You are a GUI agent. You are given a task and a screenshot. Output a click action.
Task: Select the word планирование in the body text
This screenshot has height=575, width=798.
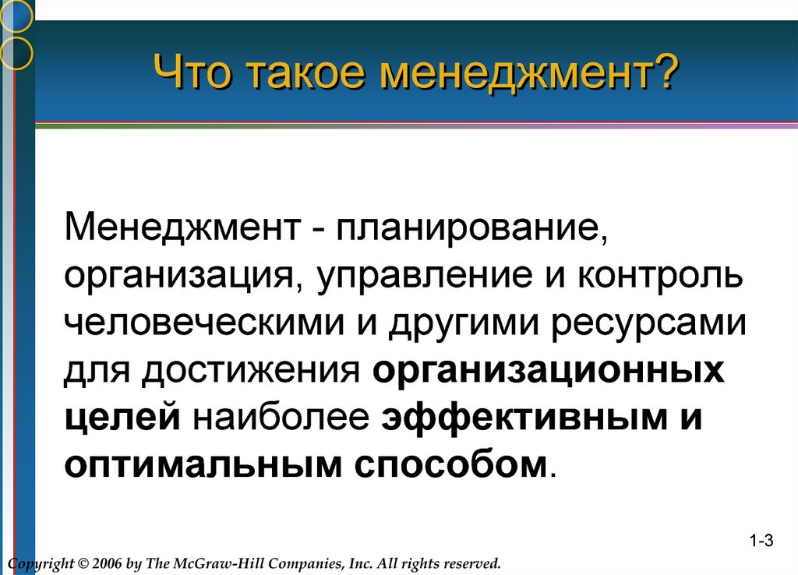point(471,228)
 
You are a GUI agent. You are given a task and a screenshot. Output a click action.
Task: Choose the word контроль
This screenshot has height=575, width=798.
point(661,275)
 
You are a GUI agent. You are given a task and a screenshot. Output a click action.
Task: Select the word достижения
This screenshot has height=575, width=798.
point(251,370)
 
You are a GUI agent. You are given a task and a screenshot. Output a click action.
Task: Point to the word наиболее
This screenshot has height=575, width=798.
point(281,417)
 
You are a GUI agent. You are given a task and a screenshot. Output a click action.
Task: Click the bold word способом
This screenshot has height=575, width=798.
point(450,464)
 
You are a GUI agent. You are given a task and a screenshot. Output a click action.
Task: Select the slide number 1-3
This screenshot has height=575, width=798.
point(761,541)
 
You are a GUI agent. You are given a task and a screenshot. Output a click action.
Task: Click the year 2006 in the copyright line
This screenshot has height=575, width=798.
point(108,564)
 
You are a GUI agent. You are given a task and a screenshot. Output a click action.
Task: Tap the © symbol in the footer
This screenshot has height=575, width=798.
point(83,564)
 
